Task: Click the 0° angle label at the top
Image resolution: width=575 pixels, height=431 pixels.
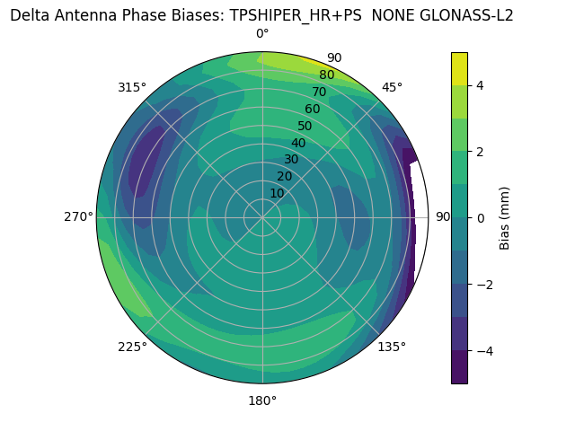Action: [x=262, y=34]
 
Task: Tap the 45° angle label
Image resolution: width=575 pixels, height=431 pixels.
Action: [x=392, y=87]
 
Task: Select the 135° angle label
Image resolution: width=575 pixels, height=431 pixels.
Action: [x=392, y=347]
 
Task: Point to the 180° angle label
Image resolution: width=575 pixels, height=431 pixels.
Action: [x=262, y=400]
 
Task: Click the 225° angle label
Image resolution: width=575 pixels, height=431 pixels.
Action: [x=132, y=347]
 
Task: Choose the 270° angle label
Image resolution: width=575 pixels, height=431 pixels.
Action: [x=79, y=216]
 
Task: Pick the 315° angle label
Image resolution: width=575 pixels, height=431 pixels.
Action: [x=132, y=87]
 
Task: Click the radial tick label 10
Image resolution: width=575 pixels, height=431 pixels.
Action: [x=277, y=193]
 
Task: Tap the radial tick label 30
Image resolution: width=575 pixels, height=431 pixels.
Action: [x=291, y=160]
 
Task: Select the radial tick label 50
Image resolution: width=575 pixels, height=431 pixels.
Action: [x=305, y=126]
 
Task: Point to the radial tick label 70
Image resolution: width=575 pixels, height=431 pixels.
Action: [x=320, y=92]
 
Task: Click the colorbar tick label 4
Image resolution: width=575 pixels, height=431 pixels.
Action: [x=481, y=85]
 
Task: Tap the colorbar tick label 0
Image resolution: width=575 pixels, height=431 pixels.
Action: [x=481, y=217]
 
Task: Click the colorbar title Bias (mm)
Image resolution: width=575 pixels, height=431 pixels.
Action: [x=505, y=217]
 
